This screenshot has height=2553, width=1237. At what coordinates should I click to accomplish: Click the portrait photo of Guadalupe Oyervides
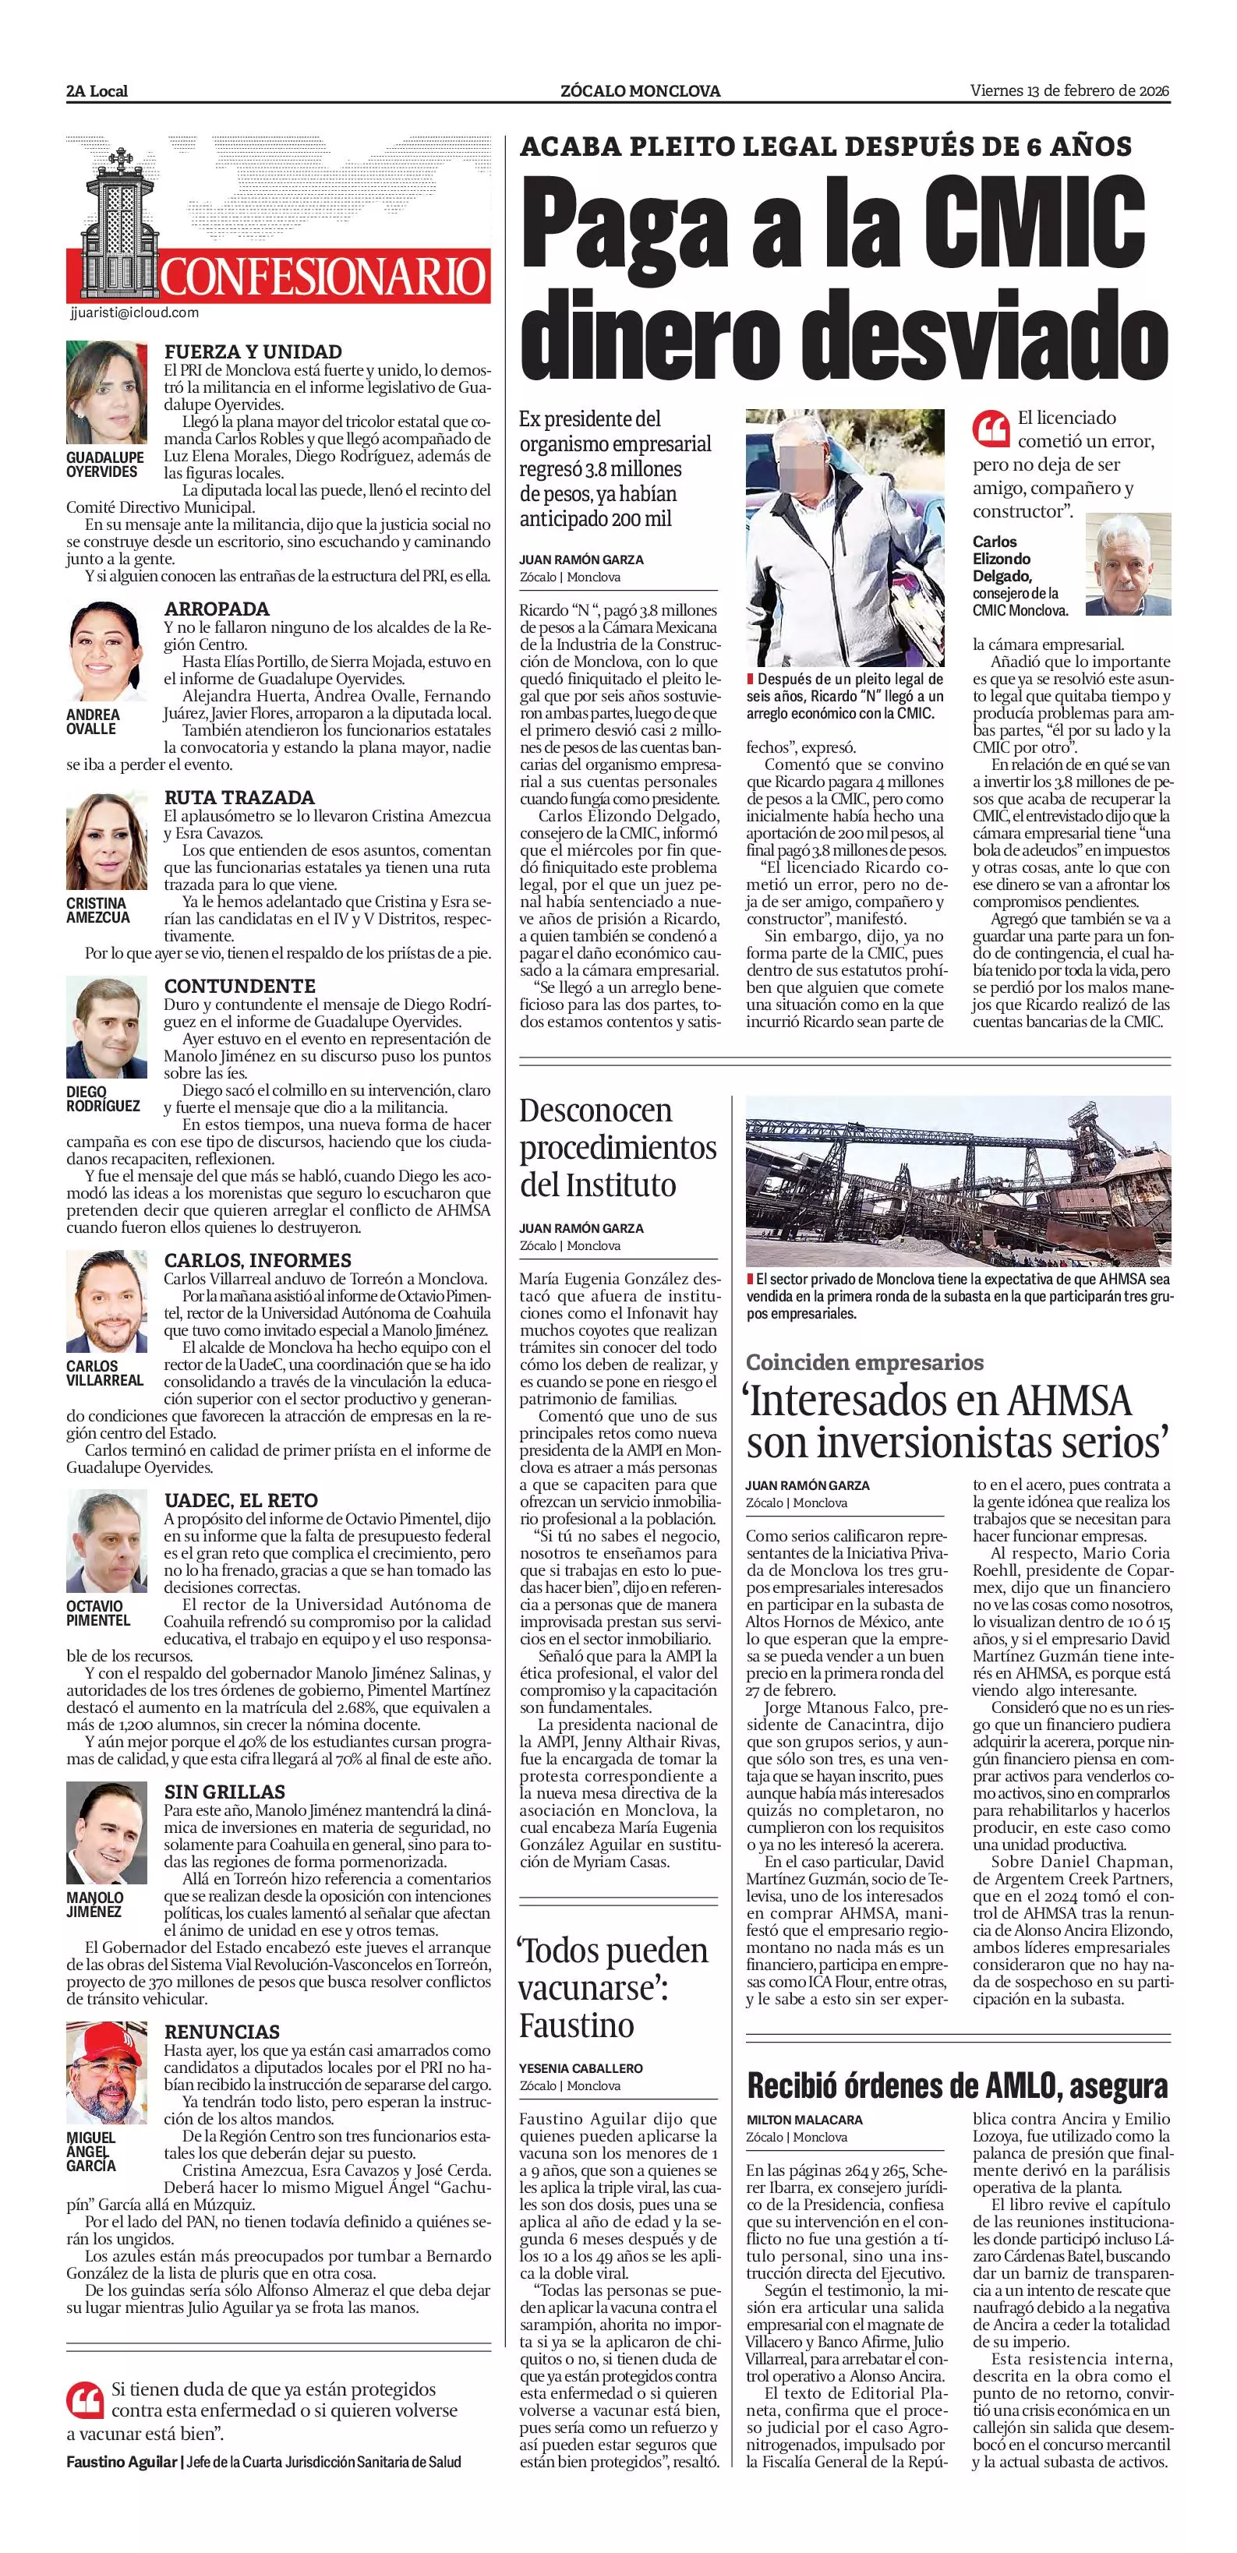(107, 394)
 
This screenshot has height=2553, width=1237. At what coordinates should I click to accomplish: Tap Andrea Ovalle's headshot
(107, 652)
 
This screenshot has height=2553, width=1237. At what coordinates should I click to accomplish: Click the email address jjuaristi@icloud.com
(135, 313)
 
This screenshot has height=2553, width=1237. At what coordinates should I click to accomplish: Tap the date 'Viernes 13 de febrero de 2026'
(1069, 91)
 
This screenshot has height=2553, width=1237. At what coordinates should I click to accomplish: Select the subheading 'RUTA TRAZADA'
(239, 796)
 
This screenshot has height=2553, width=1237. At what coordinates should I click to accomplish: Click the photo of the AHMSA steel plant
(957, 1181)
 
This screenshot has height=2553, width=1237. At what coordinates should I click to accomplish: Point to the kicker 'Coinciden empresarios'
(864, 1361)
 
